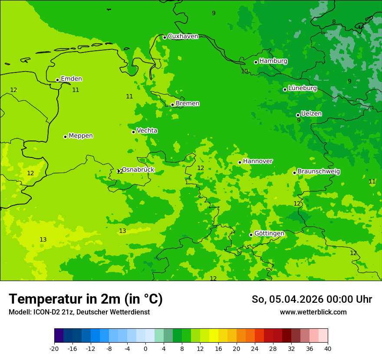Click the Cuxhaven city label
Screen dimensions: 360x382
tap(183, 36)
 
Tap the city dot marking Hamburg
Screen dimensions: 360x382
tap(256, 62)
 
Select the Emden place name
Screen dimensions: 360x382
tap(71, 79)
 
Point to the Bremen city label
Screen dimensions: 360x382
tap(188, 104)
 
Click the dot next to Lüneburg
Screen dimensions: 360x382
tap(285, 89)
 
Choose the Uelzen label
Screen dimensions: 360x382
tap(311, 114)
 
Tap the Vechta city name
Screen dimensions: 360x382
tap(147, 131)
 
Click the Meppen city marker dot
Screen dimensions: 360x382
tap(65, 137)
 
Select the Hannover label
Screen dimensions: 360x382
tap(257, 161)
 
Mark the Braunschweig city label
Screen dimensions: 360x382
tap(319, 172)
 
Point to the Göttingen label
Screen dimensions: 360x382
tap(269, 234)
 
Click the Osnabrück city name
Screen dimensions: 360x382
tap(138, 170)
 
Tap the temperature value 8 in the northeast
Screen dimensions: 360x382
tap(334, 22)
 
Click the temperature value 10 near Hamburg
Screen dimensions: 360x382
tap(244, 72)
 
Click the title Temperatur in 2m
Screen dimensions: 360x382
tap(86, 299)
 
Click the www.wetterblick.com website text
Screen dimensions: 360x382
tap(313, 312)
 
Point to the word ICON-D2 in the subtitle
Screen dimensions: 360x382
tap(46, 312)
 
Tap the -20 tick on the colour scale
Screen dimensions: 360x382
tap(54, 348)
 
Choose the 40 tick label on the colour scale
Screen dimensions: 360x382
tap(327, 348)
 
